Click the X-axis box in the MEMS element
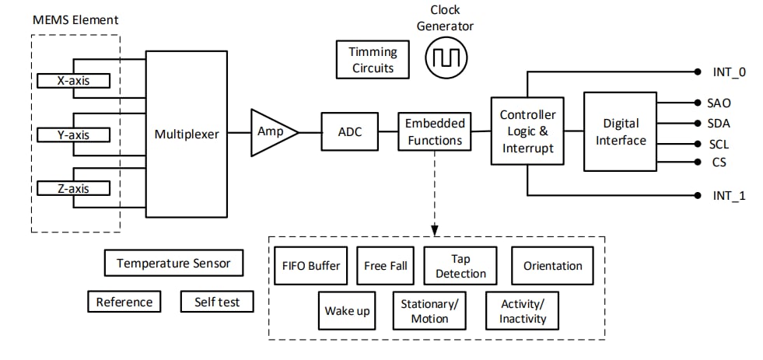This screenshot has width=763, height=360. pyautogui.click(x=73, y=80)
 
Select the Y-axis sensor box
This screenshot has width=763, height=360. pyautogui.click(x=73, y=135)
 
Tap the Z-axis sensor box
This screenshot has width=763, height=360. pyautogui.click(x=73, y=188)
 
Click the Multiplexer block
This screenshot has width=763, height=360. pyautogui.click(x=187, y=134)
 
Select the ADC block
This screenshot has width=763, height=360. pyautogui.click(x=349, y=131)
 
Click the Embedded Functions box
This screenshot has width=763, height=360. pyautogui.click(x=435, y=131)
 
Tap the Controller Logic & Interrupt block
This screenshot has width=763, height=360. pyautogui.click(x=527, y=131)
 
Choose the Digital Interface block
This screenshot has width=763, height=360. pyautogui.click(x=620, y=131)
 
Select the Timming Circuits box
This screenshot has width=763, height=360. pyautogui.click(x=373, y=60)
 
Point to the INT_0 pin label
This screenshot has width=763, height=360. pyautogui.click(x=729, y=72)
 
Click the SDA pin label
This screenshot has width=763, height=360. pyautogui.click(x=718, y=123)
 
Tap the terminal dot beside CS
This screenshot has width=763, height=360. pyautogui.click(x=696, y=163)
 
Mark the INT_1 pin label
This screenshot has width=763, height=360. pyautogui.click(x=729, y=195)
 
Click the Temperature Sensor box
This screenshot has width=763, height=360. pyautogui.click(x=173, y=263)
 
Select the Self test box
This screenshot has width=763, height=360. pyautogui.click(x=217, y=302)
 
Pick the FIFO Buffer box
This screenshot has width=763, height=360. pyautogui.click(x=311, y=266)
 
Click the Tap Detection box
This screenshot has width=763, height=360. pyautogui.click(x=460, y=266)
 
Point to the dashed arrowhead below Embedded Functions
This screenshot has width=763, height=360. pyautogui.click(x=435, y=229)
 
